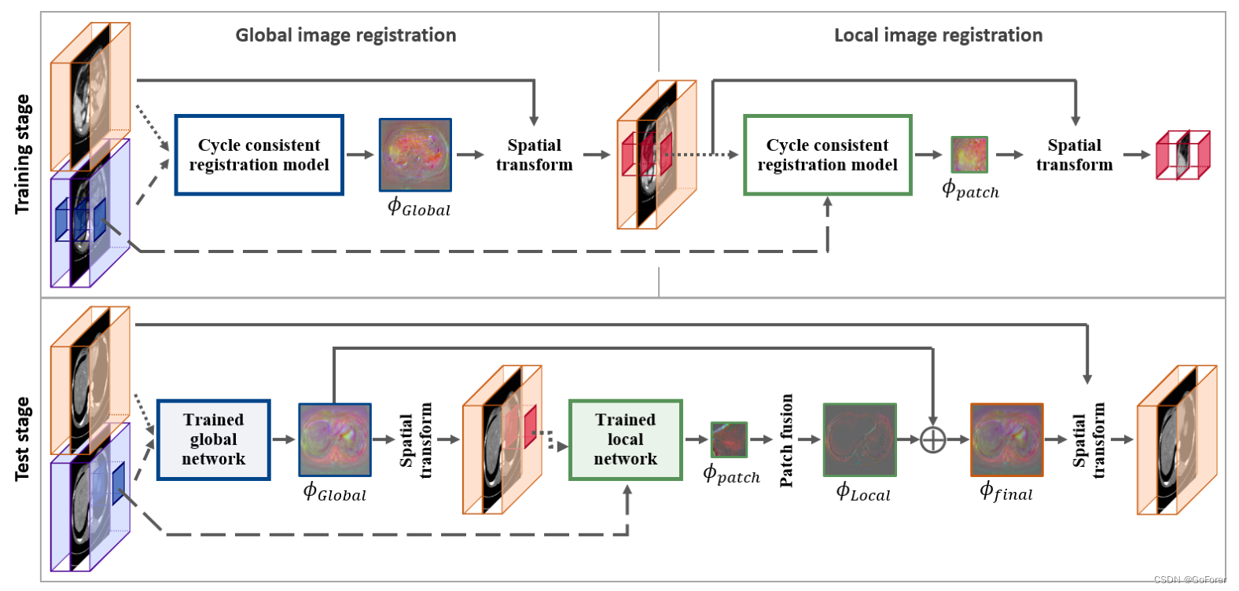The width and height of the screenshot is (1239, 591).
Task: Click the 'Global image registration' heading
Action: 346,35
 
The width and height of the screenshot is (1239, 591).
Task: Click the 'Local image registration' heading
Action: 938,35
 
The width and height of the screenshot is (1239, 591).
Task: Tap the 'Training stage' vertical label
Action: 23,154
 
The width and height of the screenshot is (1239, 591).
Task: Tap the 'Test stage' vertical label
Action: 23,439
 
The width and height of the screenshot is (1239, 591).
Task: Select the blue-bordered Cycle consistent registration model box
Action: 259,155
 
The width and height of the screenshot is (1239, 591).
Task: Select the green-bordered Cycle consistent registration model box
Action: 827,155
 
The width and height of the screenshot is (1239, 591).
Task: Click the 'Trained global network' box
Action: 213,439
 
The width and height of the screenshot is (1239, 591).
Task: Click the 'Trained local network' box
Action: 625,439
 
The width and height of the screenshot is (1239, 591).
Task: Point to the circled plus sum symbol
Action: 932,439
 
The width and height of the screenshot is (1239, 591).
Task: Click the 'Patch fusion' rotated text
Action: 786,440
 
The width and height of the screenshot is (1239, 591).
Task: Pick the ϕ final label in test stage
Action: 1006,493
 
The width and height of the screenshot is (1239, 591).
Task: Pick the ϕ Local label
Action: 863,494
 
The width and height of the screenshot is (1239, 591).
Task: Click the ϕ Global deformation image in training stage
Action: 415,155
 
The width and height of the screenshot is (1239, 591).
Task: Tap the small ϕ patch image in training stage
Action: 969,155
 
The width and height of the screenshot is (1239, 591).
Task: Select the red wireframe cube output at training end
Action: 1182,155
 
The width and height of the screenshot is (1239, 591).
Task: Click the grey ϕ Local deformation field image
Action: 859,439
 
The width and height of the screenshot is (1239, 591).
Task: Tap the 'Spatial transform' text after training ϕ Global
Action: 534,155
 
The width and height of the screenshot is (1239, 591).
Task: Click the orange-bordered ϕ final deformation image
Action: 1006,439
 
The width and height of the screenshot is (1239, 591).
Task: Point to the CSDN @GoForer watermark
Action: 1189,579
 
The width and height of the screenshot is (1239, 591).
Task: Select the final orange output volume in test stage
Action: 1176,439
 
